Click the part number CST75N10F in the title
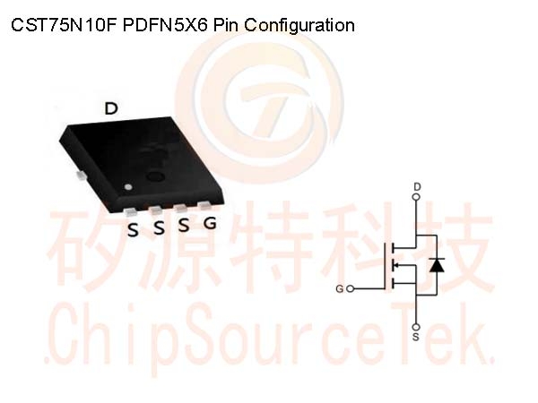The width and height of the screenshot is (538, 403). tap(65, 25)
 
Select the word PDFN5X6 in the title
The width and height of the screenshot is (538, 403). tap(165, 25)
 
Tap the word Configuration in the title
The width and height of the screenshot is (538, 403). tap(299, 26)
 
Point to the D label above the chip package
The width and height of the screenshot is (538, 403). tap(111, 108)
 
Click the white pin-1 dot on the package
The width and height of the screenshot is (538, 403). tap(128, 187)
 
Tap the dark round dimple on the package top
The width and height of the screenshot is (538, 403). tap(155, 176)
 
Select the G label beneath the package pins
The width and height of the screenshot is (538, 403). tap(210, 223)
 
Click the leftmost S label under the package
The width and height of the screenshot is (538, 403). tap(133, 230)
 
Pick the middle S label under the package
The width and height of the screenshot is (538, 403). tap(159, 227)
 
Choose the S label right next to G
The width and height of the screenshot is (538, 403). tap(184, 225)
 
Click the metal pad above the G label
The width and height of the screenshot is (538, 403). tap(204, 205)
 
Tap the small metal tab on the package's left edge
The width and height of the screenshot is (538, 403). tap(82, 176)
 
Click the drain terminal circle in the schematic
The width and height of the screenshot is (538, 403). tap(417, 197)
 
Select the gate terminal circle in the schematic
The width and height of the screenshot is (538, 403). tap(350, 289)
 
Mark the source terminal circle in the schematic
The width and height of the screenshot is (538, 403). tap(417, 327)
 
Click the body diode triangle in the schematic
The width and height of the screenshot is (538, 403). tap(437, 265)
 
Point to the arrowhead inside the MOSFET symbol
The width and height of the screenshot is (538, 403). tap(396, 265)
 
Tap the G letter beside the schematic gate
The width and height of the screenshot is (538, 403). tap(339, 289)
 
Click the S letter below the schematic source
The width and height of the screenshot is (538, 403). tap(416, 337)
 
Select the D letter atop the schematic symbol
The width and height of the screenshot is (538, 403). tap(417, 187)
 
